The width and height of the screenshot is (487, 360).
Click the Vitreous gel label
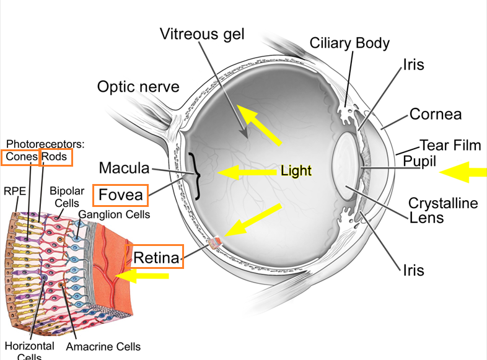tap(202, 34)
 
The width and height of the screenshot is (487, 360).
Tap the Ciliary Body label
tap(349, 43)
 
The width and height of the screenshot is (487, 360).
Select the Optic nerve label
tap(138, 87)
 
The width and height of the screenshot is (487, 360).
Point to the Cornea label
tap(436, 114)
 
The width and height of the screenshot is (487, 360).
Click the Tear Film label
tap(450, 145)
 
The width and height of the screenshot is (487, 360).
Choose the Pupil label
tap(419, 161)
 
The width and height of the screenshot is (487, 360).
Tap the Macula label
tap(125, 168)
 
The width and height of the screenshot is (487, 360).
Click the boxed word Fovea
tap(120, 195)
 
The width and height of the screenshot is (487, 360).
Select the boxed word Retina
tap(156, 258)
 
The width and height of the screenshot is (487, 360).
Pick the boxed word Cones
tap(22, 157)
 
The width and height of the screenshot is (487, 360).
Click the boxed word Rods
tap(55, 157)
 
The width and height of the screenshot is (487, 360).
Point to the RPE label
tap(15, 191)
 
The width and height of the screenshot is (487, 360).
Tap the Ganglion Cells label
tap(114, 214)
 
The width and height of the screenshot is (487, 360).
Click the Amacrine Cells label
tap(103, 346)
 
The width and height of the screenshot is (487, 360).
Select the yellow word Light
tap(296, 170)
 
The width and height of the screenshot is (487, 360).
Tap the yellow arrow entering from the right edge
tap(463, 172)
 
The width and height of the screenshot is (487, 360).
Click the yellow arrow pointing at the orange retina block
tap(142, 276)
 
